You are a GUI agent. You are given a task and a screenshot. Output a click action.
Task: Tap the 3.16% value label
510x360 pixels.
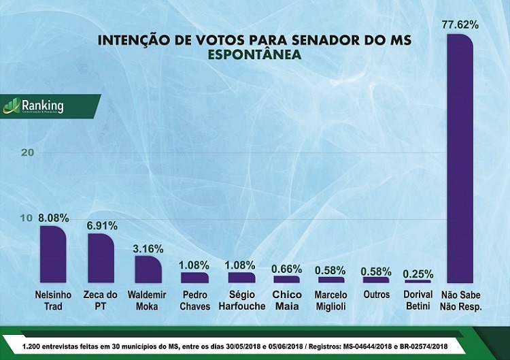coord(147,248)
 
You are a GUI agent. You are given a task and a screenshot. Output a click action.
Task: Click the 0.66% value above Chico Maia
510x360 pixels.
coord(286,269)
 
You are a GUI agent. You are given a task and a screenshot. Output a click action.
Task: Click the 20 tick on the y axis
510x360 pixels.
coord(27,152)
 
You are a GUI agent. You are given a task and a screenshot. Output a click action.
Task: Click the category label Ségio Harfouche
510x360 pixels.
coord(241,301)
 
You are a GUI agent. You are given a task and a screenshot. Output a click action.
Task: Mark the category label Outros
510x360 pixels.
coord(377,295)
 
